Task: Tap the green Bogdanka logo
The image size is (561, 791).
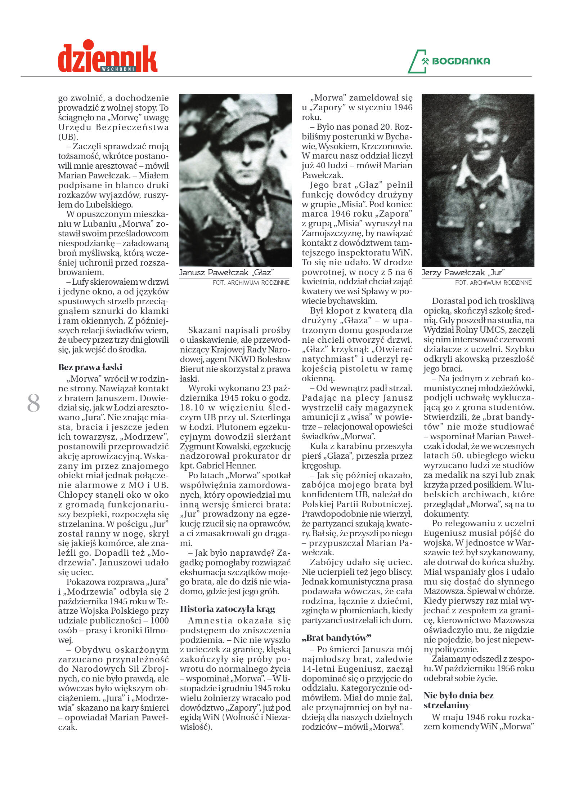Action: coord(449,61)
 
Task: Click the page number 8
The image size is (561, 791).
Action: coord(33,404)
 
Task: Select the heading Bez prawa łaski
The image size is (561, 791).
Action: coord(90,367)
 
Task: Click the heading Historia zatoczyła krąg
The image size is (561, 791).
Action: coord(227,609)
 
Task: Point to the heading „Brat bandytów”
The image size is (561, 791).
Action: coord(336,638)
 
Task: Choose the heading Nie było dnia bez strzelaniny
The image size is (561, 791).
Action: coord(458,700)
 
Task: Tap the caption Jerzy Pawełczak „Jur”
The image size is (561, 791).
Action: coord(463,273)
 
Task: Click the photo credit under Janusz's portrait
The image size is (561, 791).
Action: coord(251,283)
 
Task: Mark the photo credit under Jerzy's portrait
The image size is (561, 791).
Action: coord(493,283)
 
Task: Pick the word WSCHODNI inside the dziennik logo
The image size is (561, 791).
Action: coord(118,69)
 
